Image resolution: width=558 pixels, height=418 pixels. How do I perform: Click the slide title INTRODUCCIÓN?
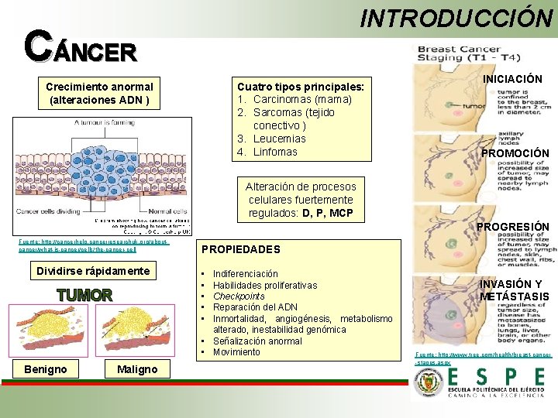pyautogui.click(x=456, y=18)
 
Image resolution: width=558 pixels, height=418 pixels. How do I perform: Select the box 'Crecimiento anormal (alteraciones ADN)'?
pyautogui.click(x=99, y=93)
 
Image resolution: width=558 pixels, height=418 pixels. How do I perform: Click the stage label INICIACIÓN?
pyautogui.click(x=512, y=79)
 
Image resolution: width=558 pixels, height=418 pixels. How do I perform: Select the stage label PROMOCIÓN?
pyautogui.click(x=514, y=153)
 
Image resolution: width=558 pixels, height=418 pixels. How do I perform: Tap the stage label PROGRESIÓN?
pyautogui.click(x=513, y=227)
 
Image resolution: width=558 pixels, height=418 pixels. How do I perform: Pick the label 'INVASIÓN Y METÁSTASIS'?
pyautogui.click(x=514, y=290)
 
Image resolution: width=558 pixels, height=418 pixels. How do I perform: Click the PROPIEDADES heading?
pyautogui.click(x=241, y=249)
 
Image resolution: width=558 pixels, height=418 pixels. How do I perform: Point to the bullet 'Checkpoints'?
pyautogui.click(x=239, y=296)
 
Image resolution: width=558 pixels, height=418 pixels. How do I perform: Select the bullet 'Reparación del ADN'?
pyautogui.click(x=255, y=307)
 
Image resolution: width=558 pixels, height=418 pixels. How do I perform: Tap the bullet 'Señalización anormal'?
pyautogui.click(x=257, y=341)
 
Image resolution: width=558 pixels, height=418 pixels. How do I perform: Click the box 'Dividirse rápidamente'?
pyautogui.click(x=93, y=271)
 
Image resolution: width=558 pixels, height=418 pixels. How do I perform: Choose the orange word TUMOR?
pyautogui.click(x=84, y=295)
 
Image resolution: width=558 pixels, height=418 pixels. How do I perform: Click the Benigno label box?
pyautogui.click(x=45, y=369)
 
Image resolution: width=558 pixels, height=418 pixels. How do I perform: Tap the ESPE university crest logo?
pyautogui.click(x=429, y=383)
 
